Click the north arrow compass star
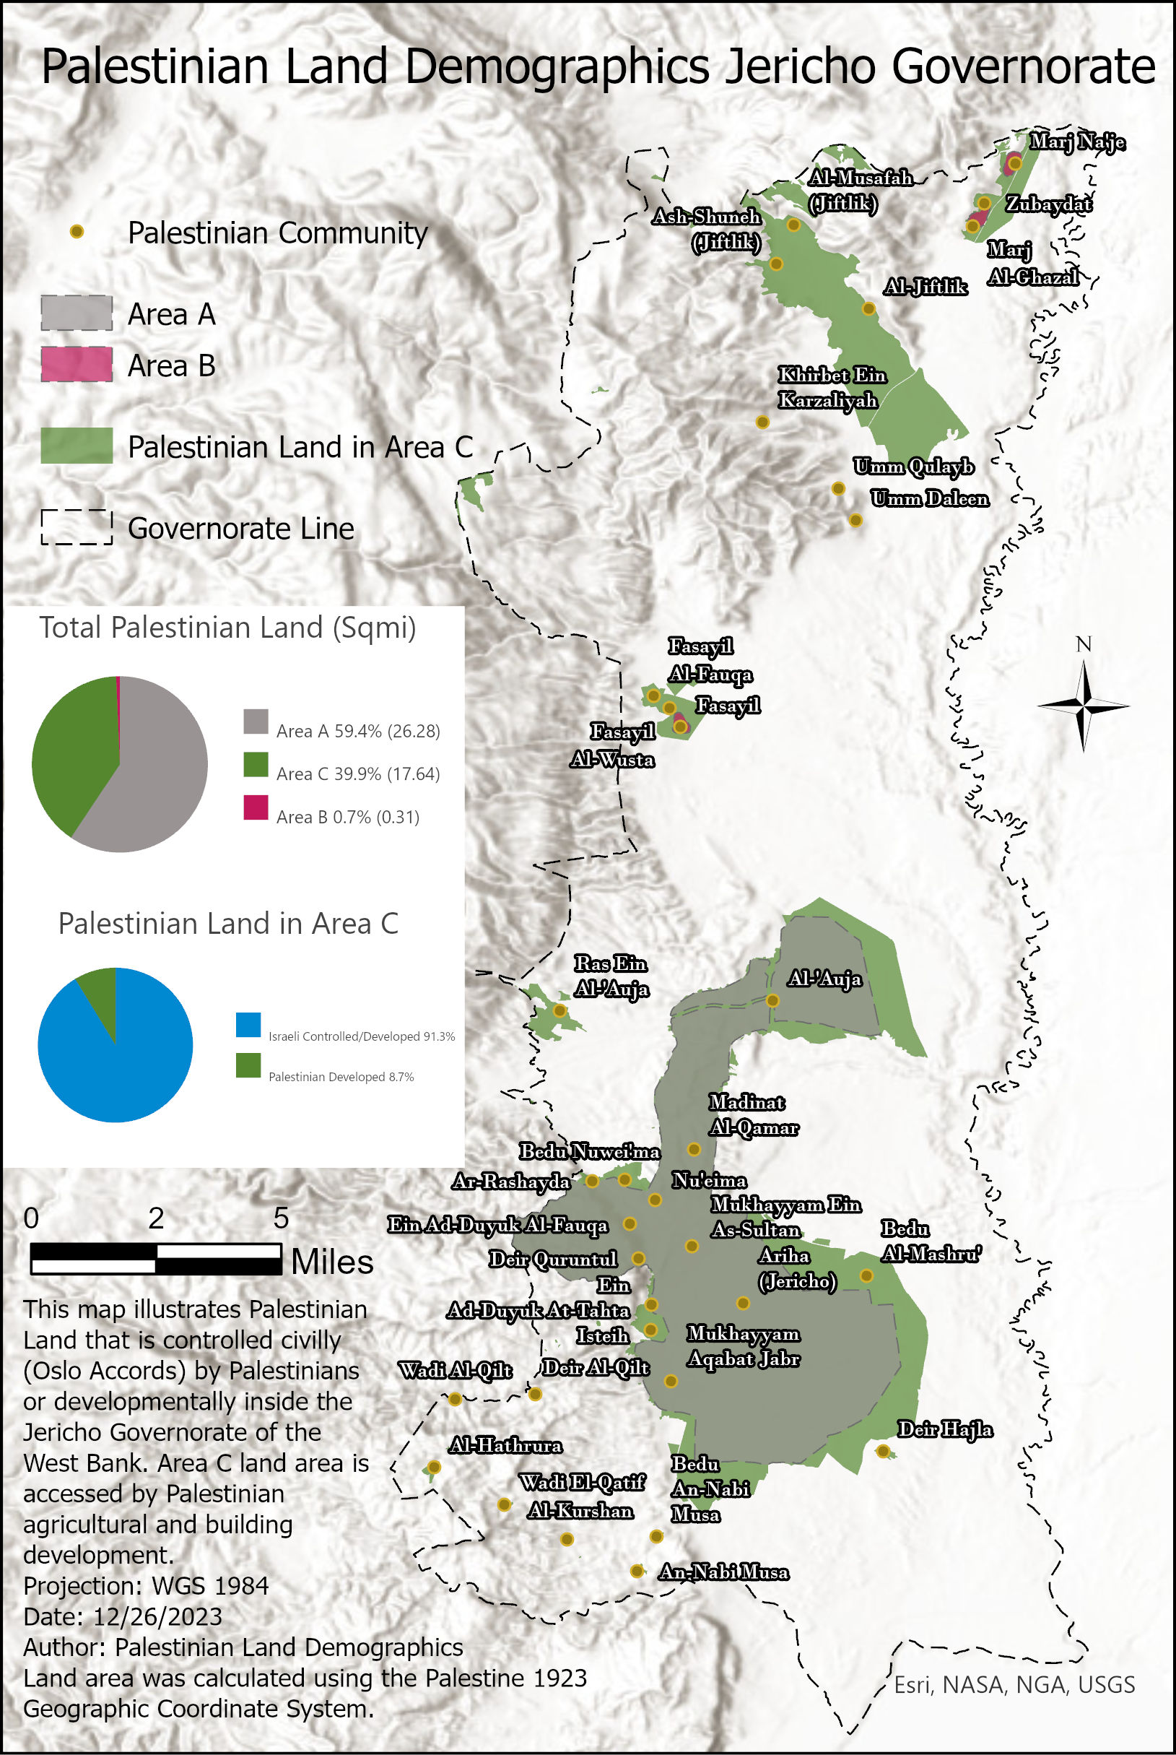point(1083,706)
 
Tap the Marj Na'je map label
point(1076,141)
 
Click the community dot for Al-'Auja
point(772,1000)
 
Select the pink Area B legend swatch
point(77,365)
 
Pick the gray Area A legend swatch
point(77,313)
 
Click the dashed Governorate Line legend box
point(77,527)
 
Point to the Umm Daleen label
point(929,498)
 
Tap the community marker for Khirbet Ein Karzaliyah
point(762,422)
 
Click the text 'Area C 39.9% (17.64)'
point(358,773)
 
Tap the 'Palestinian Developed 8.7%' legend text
point(341,1077)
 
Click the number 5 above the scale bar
point(281,1218)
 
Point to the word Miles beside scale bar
point(331,1262)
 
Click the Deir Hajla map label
point(944,1429)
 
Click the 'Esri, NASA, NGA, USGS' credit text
point(1014,1684)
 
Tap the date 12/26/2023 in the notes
point(157,1616)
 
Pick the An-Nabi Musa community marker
point(637,1570)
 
